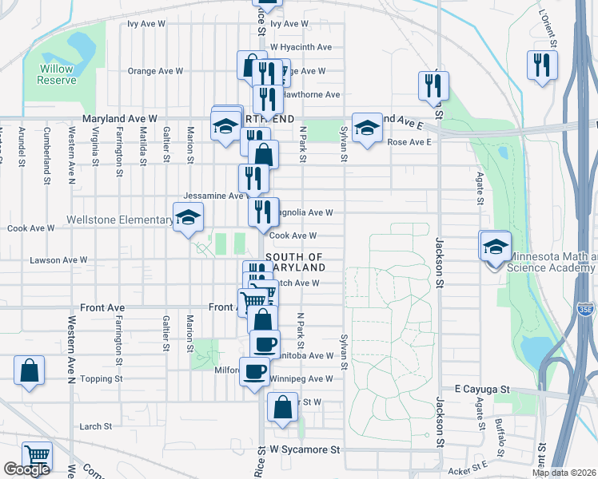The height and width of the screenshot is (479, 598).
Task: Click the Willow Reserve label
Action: [58, 74]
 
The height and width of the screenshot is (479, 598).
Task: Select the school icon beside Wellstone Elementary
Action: [188, 218]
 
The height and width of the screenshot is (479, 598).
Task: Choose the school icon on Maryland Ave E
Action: [367, 128]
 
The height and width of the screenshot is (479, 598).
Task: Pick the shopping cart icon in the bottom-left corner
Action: [37, 456]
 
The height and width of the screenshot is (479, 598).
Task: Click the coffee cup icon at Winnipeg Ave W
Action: [255, 372]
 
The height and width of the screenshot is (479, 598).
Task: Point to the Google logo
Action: [26, 469]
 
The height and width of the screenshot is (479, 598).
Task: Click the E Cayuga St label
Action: [482, 389]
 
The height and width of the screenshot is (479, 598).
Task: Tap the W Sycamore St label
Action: [305, 450]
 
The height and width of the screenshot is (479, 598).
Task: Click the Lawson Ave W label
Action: [58, 260]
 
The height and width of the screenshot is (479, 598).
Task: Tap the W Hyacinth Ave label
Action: [301, 47]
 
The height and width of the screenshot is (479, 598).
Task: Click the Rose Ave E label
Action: [409, 142]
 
